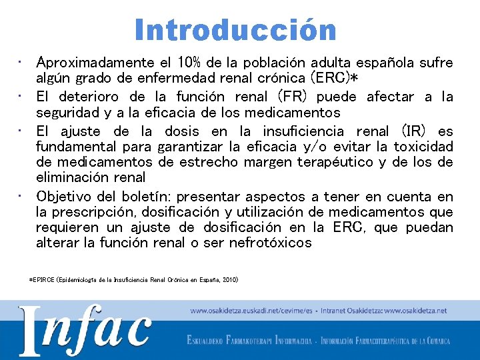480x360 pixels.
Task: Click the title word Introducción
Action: (235, 30)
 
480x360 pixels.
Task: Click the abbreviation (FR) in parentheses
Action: (292, 97)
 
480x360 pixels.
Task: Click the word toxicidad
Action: (423, 147)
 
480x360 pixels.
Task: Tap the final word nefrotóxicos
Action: (270, 243)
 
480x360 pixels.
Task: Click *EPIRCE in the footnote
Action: (41, 280)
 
